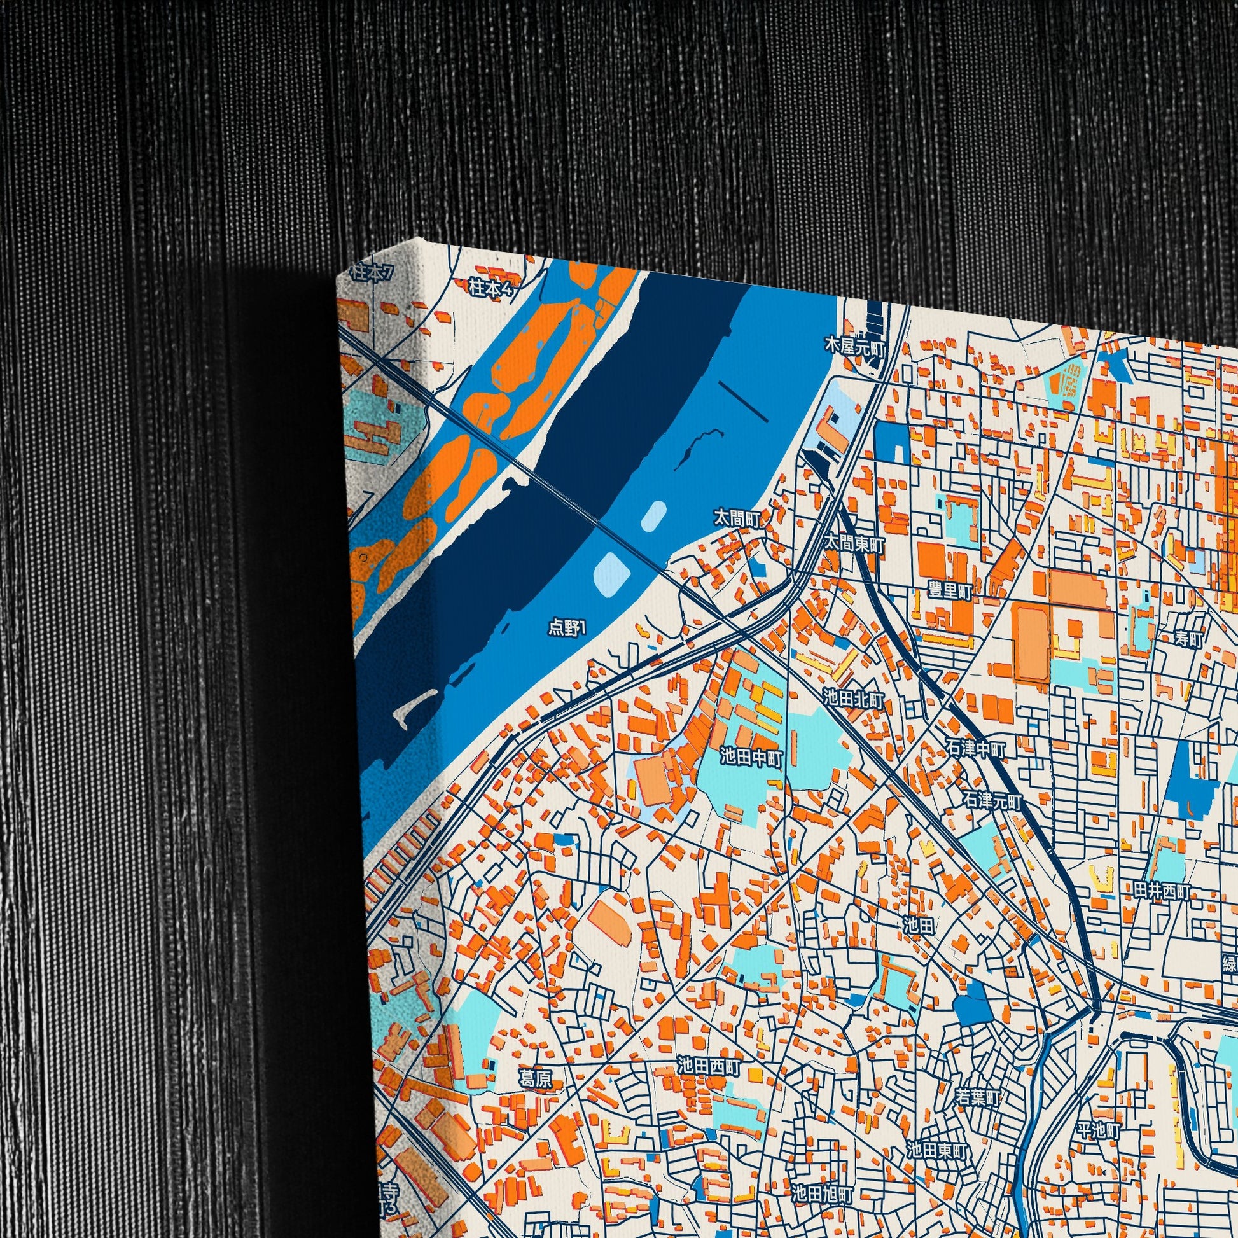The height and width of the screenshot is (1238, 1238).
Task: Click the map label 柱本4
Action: click(491, 288)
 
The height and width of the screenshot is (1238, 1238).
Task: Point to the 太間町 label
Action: click(737, 518)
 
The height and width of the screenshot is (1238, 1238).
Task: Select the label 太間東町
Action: click(854, 545)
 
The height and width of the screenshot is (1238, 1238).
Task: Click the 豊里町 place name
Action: click(950, 591)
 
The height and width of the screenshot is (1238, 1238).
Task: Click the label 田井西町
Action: click(1162, 891)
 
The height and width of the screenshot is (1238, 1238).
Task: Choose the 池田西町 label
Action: click(709, 1067)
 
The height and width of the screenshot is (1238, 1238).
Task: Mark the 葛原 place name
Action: click(535, 1079)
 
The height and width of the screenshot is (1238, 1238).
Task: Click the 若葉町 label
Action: click(978, 1096)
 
